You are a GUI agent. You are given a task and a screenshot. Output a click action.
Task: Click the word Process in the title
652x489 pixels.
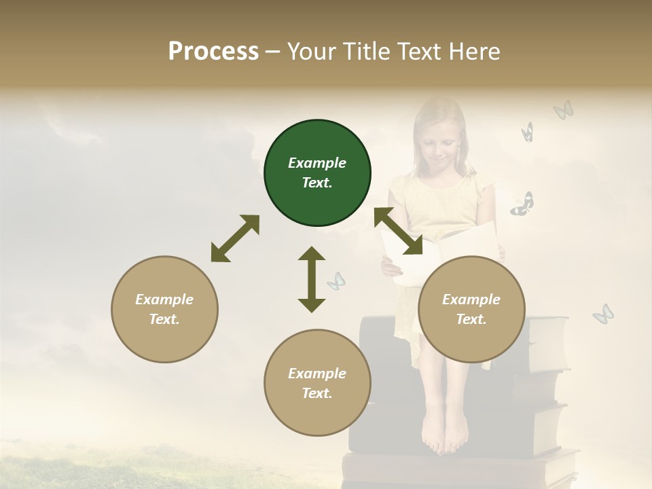(x=213, y=52)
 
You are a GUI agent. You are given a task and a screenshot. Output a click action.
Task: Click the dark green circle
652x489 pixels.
(x=317, y=173)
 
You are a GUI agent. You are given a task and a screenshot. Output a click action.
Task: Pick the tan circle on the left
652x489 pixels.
(x=164, y=309)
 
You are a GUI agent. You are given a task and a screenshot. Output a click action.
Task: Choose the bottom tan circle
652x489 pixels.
(x=317, y=383)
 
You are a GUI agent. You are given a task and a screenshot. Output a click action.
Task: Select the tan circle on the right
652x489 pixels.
(x=471, y=309)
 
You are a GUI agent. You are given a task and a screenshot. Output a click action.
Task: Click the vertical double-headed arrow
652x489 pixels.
(x=312, y=279)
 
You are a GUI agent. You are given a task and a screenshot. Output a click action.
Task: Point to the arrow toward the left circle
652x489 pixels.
(x=235, y=238)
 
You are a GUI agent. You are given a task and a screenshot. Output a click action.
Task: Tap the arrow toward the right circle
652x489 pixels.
(x=399, y=232)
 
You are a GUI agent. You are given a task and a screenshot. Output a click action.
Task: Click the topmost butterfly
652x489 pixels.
(x=563, y=109)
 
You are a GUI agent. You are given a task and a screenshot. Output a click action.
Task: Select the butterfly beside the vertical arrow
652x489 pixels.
(x=336, y=280)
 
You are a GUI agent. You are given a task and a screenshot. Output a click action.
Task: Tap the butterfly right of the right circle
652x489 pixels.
(x=602, y=313)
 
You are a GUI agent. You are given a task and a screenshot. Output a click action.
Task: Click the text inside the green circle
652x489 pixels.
(x=317, y=173)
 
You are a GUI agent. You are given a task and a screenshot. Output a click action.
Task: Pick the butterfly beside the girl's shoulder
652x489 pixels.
(x=522, y=204)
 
